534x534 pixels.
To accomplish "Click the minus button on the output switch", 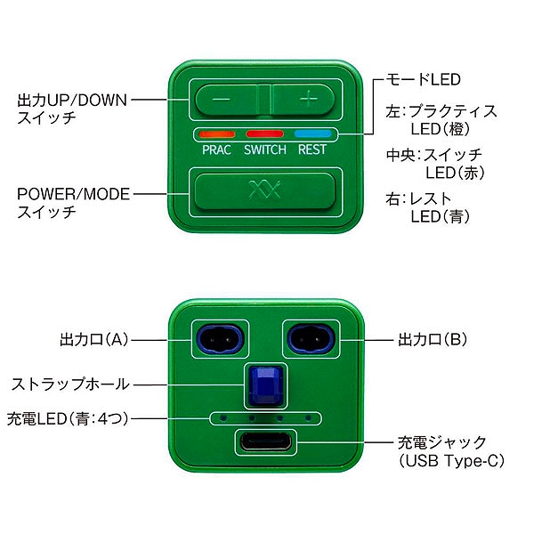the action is (x=226, y=100).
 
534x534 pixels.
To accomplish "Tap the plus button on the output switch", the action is (x=303, y=100).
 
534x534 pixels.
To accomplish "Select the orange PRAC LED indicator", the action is (x=217, y=133).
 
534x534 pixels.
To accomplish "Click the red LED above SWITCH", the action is (x=264, y=133).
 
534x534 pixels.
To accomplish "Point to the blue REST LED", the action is (x=312, y=133).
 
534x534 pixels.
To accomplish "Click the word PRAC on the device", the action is (x=216, y=150).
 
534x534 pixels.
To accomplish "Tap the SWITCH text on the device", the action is (x=265, y=150).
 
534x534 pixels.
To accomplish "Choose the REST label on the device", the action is (x=312, y=150).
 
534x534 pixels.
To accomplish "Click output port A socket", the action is (x=220, y=339).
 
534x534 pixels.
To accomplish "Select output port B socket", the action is (x=311, y=339).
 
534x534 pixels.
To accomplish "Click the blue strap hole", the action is (x=266, y=386).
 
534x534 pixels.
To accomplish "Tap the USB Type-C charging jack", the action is (x=265, y=441).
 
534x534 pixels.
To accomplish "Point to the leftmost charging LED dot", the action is (x=223, y=417).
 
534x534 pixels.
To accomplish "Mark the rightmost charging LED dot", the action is (x=308, y=417).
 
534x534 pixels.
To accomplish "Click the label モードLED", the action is (x=423, y=80).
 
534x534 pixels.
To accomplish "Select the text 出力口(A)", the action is (x=94, y=340).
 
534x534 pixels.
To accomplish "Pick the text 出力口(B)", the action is (x=433, y=340).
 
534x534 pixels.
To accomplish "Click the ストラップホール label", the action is (x=71, y=384).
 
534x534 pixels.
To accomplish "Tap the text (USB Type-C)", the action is (x=451, y=461).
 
